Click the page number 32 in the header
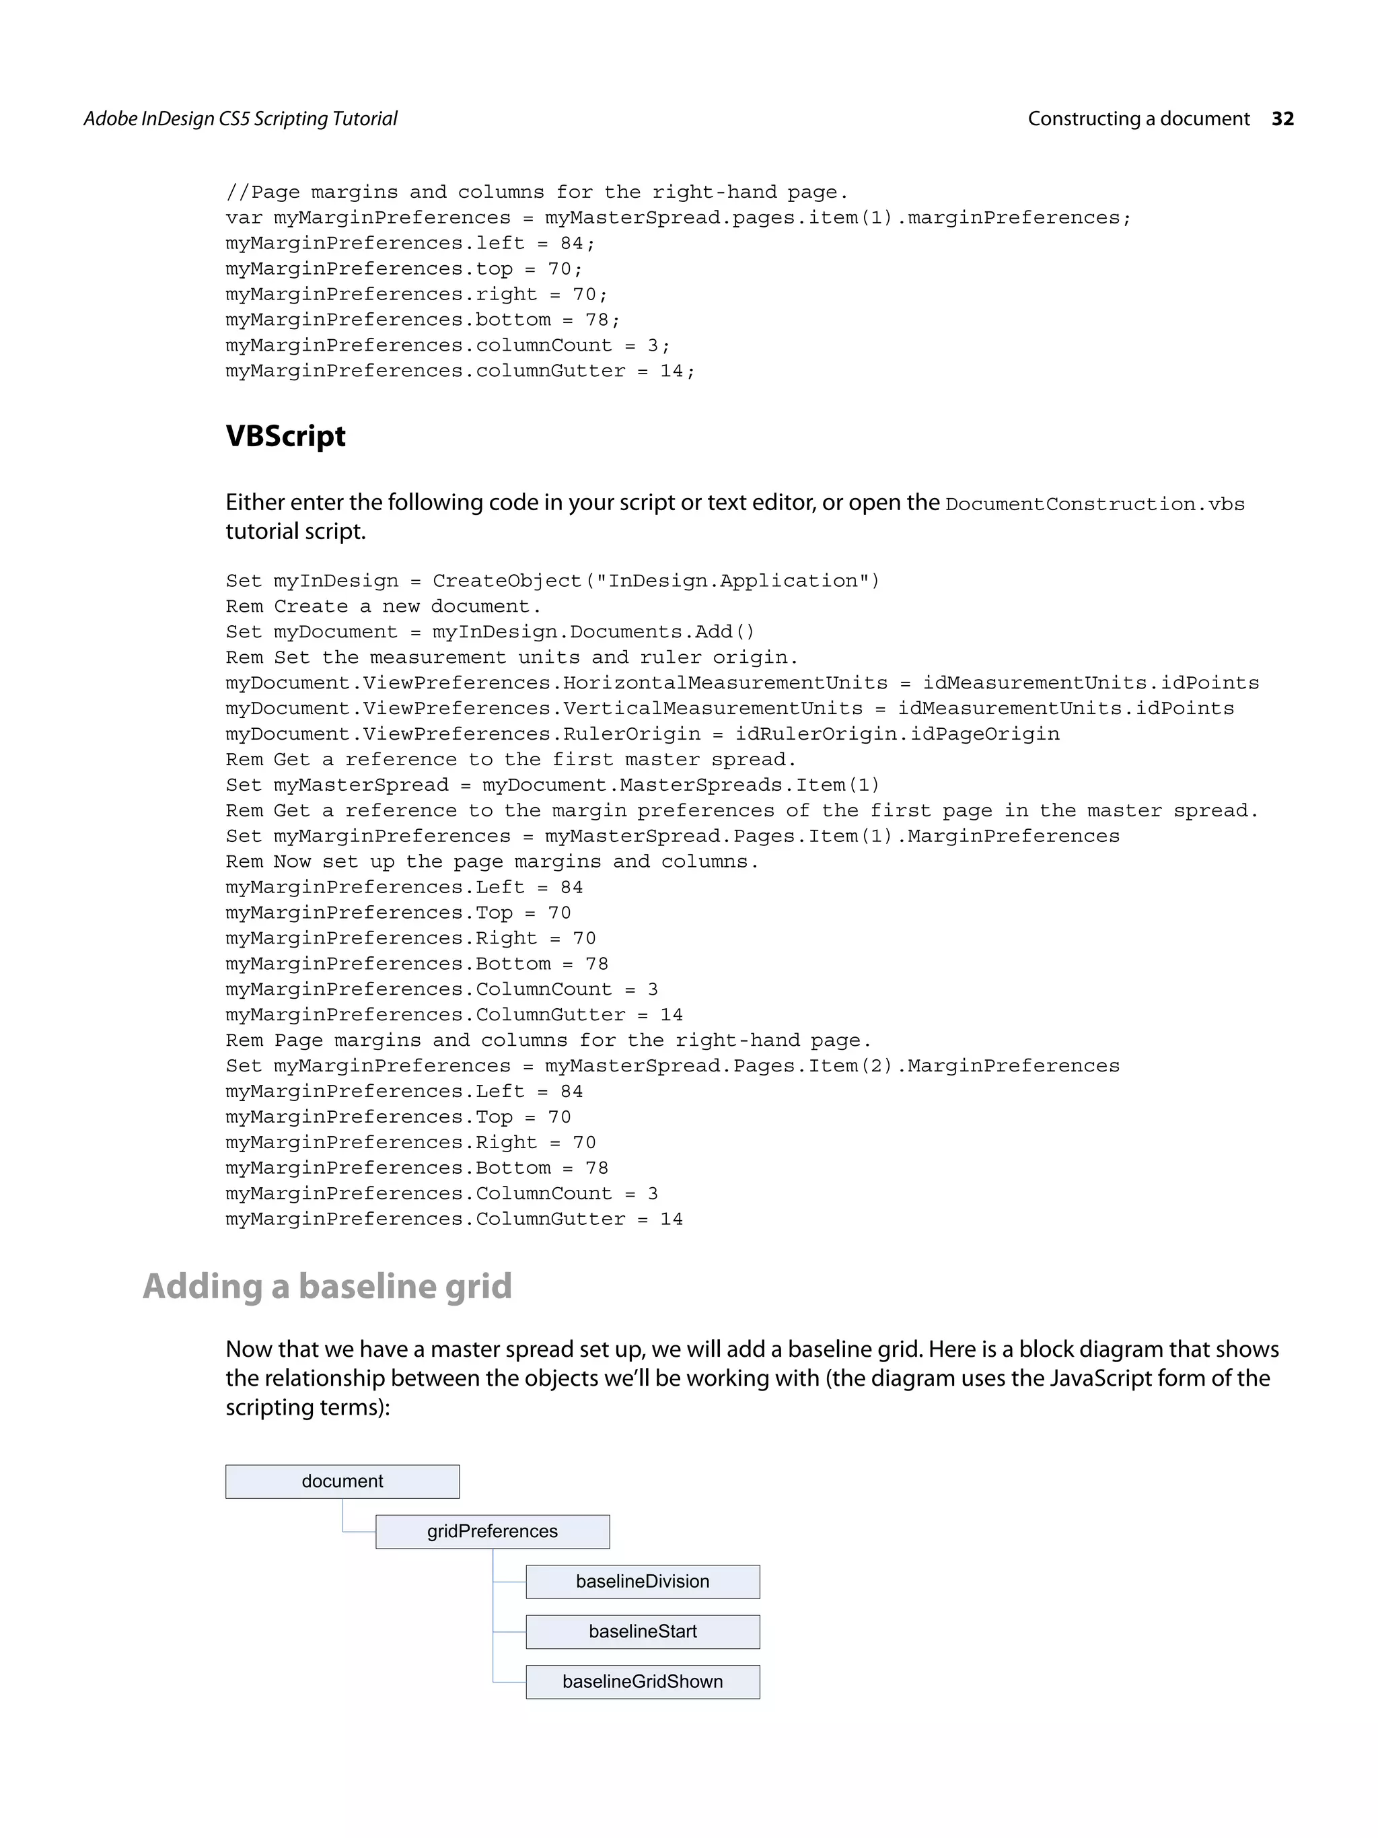1282,119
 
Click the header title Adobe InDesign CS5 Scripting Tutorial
240,119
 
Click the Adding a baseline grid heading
327,1286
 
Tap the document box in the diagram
342,1481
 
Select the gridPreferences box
493,1531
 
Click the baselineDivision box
642,1581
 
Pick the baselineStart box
642,1631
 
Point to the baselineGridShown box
642,1681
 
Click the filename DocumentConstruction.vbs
1094,504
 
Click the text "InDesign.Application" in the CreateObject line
732,581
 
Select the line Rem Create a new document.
383,606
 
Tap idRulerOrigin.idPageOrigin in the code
897,734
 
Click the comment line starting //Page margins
536,192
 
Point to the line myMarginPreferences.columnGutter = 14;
460,372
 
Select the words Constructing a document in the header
1138,119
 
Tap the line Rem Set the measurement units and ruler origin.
511,658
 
